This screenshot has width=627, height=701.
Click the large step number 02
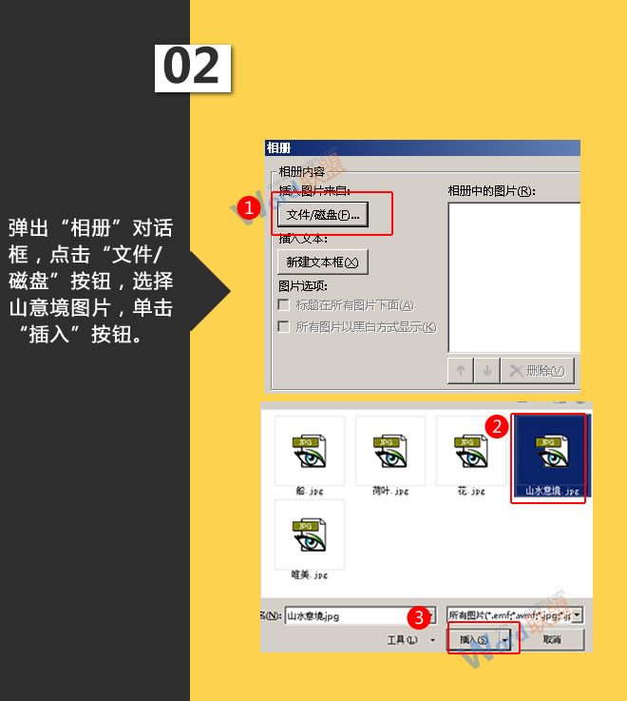[192, 67]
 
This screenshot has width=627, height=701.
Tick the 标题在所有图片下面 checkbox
[283, 305]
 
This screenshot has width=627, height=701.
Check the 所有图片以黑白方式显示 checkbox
[283, 327]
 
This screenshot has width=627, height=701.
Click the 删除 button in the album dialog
[537, 370]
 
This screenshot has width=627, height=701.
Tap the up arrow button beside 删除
[461, 370]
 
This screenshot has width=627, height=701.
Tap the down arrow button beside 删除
[486, 370]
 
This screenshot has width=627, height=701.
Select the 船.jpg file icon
[306, 452]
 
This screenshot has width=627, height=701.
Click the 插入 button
[474, 640]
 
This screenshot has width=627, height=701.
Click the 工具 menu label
[402, 640]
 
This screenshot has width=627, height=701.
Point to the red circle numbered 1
[249, 207]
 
